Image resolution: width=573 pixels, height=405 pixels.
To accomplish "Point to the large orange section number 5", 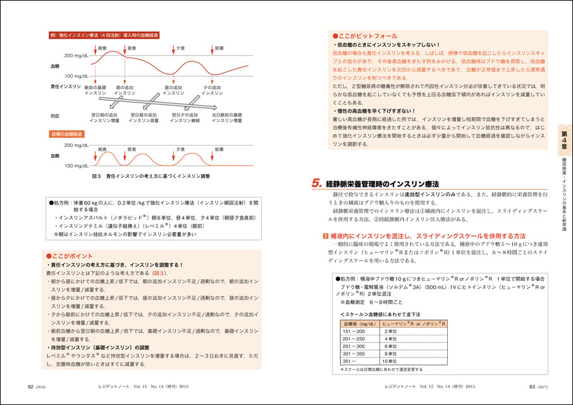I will (x=317, y=184).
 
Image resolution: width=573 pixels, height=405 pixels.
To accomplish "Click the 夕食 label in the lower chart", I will (x=181, y=149).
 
